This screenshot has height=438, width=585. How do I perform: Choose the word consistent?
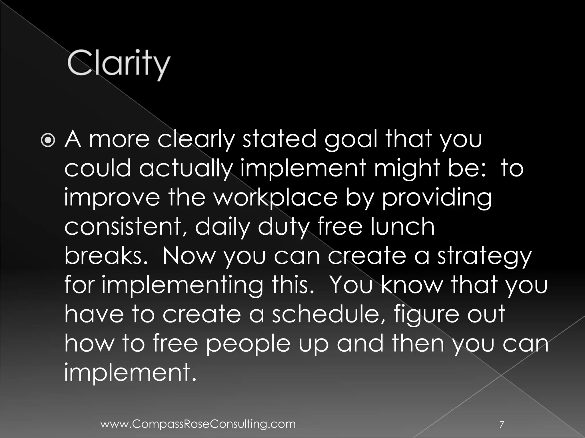(127, 227)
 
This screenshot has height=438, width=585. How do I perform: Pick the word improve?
(112, 197)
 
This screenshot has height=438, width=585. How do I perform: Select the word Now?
(188, 256)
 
